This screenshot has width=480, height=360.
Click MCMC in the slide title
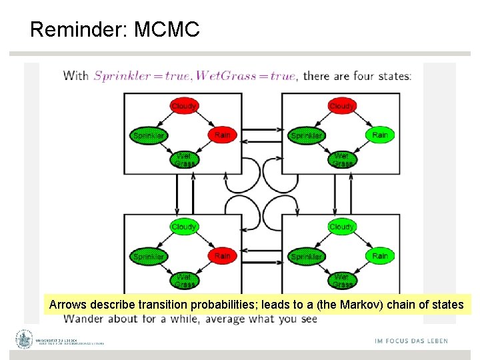pos(167,29)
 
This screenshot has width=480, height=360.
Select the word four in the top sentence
pos(363,75)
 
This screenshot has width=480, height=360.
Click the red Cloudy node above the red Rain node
pos(183,106)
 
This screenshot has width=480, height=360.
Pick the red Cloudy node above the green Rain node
pos(341,106)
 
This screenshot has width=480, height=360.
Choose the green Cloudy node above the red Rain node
pos(183,227)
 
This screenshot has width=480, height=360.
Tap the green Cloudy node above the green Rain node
pos(341,227)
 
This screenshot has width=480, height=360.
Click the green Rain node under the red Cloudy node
pos(379,135)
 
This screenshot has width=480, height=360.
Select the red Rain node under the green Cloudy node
pos(222,255)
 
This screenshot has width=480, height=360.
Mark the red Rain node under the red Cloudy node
pos(222,135)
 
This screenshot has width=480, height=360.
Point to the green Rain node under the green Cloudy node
pos(379,255)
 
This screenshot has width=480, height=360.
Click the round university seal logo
pos(25,340)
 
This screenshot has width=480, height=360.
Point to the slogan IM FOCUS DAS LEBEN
pos(411,341)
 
